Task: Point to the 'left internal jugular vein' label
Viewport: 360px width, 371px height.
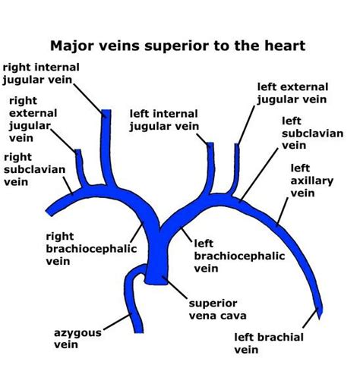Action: pyautogui.click(x=164, y=120)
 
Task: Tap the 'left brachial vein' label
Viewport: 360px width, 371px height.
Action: pyautogui.click(x=269, y=343)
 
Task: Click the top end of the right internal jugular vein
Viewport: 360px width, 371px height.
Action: pyautogui.click(x=106, y=113)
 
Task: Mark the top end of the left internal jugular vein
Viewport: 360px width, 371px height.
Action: pyautogui.click(x=212, y=142)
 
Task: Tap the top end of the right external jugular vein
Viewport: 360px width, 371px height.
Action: pyautogui.click(x=77, y=151)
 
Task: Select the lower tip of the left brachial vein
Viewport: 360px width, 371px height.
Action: pyautogui.click(x=321, y=313)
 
